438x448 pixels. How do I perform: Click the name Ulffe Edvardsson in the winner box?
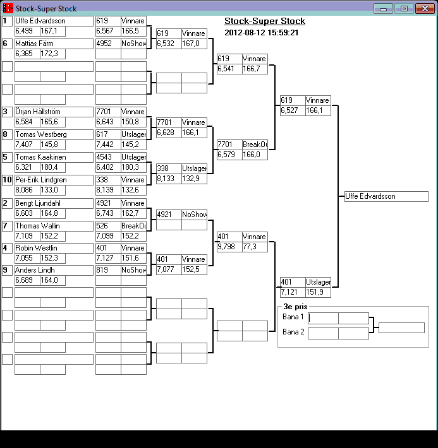click(x=386, y=197)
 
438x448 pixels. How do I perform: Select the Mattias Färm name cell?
click(x=53, y=44)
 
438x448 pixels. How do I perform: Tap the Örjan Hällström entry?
click(x=53, y=112)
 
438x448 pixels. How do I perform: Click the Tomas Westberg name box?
click(x=53, y=134)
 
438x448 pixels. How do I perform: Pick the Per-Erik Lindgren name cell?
click(x=53, y=180)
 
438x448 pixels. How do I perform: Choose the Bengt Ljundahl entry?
click(x=53, y=203)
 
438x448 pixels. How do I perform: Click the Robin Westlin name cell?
click(x=53, y=248)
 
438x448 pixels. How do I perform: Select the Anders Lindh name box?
click(x=53, y=270)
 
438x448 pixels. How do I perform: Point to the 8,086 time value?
click(x=27, y=189)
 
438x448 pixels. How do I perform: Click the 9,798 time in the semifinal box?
click(x=229, y=247)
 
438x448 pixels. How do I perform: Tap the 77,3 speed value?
click(x=254, y=247)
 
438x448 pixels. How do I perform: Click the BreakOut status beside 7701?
click(x=254, y=144)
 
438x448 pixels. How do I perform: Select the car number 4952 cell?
click(x=107, y=44)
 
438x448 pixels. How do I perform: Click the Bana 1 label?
click(x=293, y=317)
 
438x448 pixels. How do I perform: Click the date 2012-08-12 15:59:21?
click(x=262, y=33)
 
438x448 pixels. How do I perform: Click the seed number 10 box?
click(x=7, y=180)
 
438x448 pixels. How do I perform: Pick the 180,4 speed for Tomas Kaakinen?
click(x=52, y=167)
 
